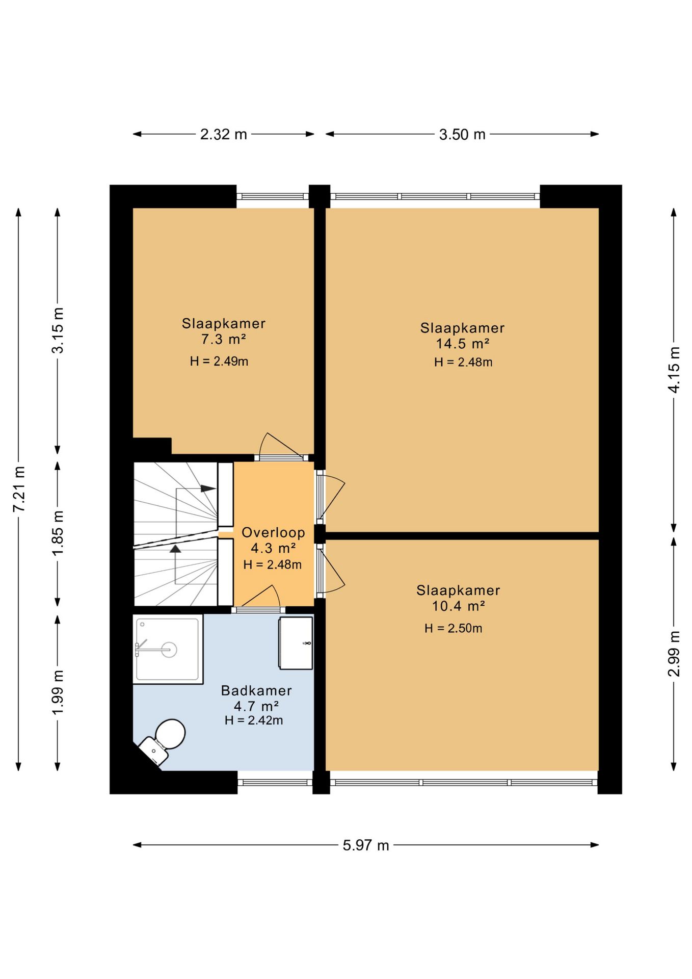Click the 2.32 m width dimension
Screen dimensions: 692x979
[223, 135]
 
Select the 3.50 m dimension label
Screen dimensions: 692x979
[462, 135]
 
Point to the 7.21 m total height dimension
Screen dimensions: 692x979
[19, 489]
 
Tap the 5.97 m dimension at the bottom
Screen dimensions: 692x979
[366, 845]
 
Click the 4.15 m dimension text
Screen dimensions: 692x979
[674, 370]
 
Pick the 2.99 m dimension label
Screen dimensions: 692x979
[674, 654]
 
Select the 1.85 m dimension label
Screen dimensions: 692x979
[58, 533]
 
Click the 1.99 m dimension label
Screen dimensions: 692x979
[58, 692]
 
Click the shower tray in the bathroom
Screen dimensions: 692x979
[168, 649]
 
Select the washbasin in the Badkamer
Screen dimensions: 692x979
[296, 643]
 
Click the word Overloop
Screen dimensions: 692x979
[273, 533]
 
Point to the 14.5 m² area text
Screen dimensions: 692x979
[462, 344]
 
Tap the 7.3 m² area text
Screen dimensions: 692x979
[224, 339]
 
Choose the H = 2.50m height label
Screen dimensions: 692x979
[454, 628]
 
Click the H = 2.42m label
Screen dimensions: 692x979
[254, 720]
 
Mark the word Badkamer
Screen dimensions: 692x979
[256, 691]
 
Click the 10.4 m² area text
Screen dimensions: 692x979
[458, 606]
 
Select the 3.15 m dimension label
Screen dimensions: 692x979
[58, 330]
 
